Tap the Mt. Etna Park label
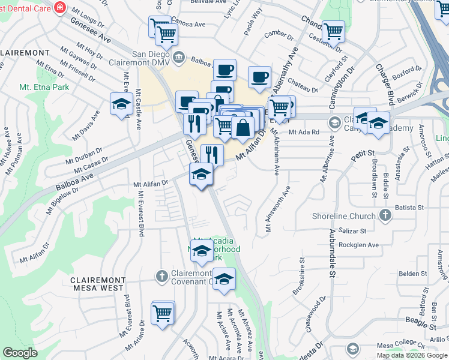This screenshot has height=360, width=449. (44, 87)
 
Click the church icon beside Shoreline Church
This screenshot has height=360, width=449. (385, 215)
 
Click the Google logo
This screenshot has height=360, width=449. (20, 353)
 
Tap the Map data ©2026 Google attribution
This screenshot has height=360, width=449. (411, 355)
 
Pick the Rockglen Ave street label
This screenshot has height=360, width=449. (359, 245)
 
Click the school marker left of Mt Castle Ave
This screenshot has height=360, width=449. (121, 104)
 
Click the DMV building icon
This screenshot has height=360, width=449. (179, 58)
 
